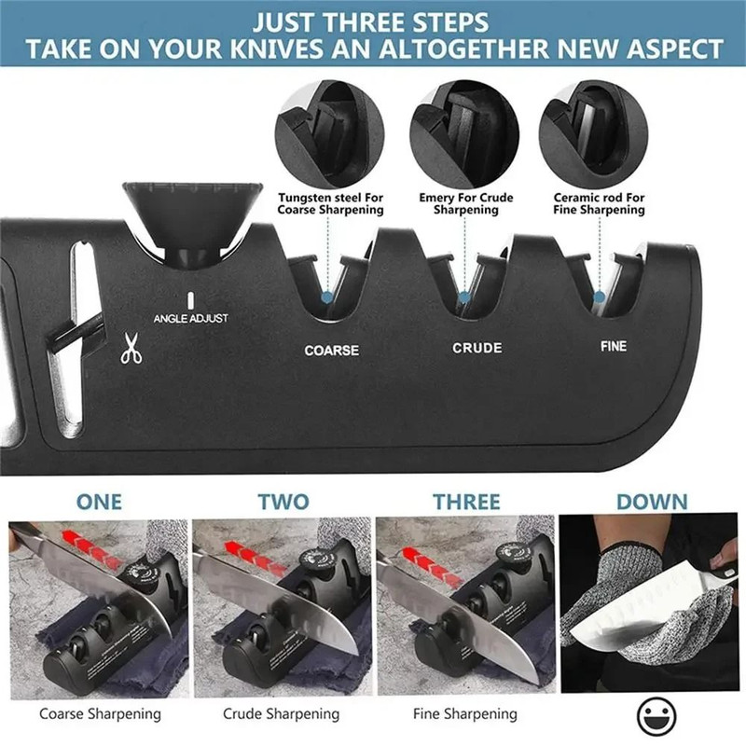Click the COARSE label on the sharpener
click(x=332, y=351)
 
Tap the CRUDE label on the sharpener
click(x=477, y=348)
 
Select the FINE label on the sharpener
click(x=613, y=346)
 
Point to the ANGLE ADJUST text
click(x=190, y=319)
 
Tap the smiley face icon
click(x=656, y=716)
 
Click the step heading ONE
click(x=99, y=502)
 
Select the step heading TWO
click(x=283, y=502)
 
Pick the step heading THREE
click(x=466, y=502)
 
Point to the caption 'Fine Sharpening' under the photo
click(x=464, y=714)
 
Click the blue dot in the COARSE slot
click(x=326, y=297)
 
